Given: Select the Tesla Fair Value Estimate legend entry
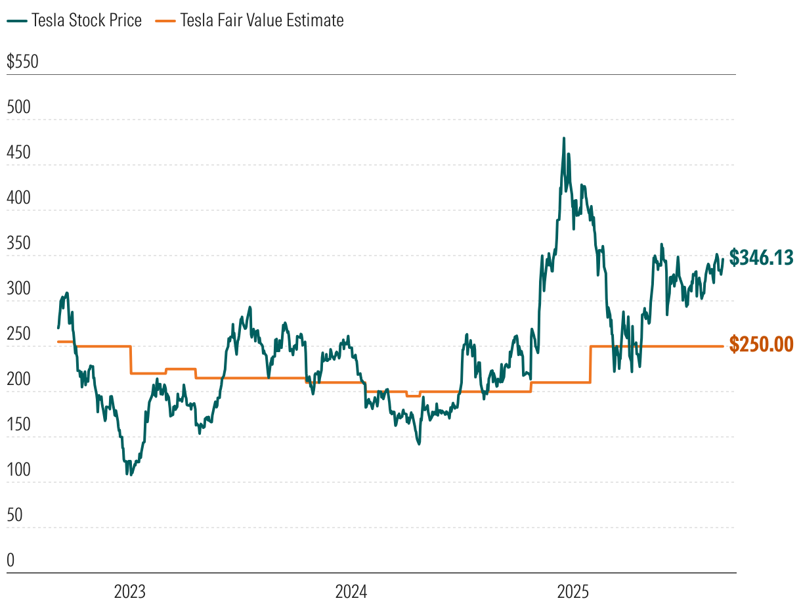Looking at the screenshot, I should [249, 21].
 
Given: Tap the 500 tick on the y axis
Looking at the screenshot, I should [18, 107].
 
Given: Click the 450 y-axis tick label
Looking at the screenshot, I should [18, 152].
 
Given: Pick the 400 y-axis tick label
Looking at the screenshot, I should [18, 198].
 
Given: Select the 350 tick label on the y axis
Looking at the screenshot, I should [18, 243].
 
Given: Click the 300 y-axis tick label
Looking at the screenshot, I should [18, 288].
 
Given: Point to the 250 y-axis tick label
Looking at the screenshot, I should [18, 334].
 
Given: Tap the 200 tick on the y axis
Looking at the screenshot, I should [18, 379].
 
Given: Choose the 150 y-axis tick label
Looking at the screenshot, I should [18, 424].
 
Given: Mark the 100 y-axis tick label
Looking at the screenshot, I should [18, 470].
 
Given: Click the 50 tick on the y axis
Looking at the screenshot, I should [14, 515].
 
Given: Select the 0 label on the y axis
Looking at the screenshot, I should [11, 560].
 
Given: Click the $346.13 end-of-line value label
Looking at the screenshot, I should [762, 257].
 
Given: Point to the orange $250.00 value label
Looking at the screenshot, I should [762, 344].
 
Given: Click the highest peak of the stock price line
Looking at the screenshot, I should [563, 139].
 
